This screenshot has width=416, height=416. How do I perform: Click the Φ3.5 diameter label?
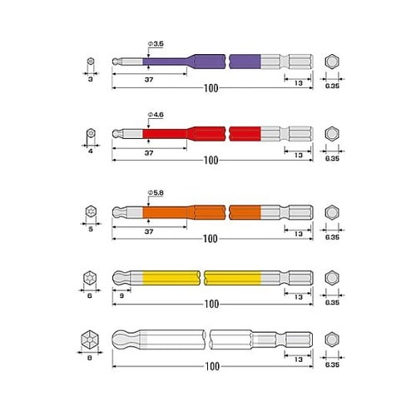pyautogui.click(x=156, y=44)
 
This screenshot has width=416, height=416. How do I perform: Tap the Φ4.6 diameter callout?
pyautogui.click(x=156, y=115)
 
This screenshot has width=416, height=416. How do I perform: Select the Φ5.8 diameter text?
pyautogui.click(x=156, y=193)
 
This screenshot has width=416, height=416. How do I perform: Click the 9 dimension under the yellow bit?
pyautogui.click(x=121, y=295)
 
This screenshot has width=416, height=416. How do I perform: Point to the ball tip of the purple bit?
pyautogui.click(x=116, y=62)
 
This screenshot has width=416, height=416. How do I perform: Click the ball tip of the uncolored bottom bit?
pyautogui.click(x=121, y=339)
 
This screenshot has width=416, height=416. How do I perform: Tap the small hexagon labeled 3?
pyautogui.click(x=91, y=61)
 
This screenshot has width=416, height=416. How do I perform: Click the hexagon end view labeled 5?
pyautogui.click(x=91, y=211)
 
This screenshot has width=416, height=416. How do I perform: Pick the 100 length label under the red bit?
pyautogui.click(x=211, y=161)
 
